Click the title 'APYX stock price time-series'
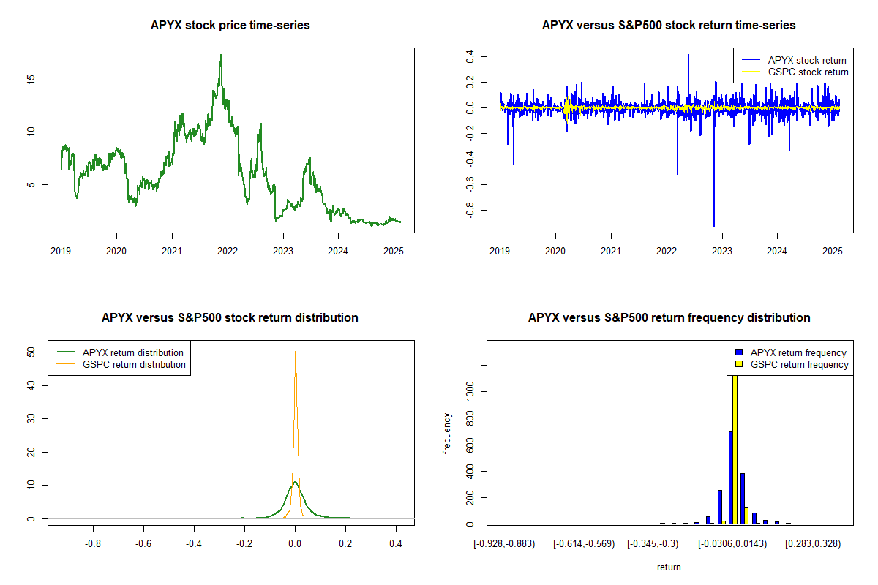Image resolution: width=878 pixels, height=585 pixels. tap(230, 26)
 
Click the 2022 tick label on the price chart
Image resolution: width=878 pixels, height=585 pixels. tap(228, 250)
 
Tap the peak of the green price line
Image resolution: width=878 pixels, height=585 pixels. tap(221, 56)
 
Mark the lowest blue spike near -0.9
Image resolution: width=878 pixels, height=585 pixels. tap(714, 225)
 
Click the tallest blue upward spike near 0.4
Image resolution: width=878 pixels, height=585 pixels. tap(688, 56)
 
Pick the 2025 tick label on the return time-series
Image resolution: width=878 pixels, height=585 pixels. tap(833, 250)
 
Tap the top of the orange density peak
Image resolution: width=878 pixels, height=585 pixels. tap(295, 352)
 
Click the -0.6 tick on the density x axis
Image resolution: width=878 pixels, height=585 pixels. tap(144, 543)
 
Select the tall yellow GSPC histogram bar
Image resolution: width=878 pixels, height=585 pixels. tap(735, 446)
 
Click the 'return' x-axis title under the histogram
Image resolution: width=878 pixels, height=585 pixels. tap(669, 567)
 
